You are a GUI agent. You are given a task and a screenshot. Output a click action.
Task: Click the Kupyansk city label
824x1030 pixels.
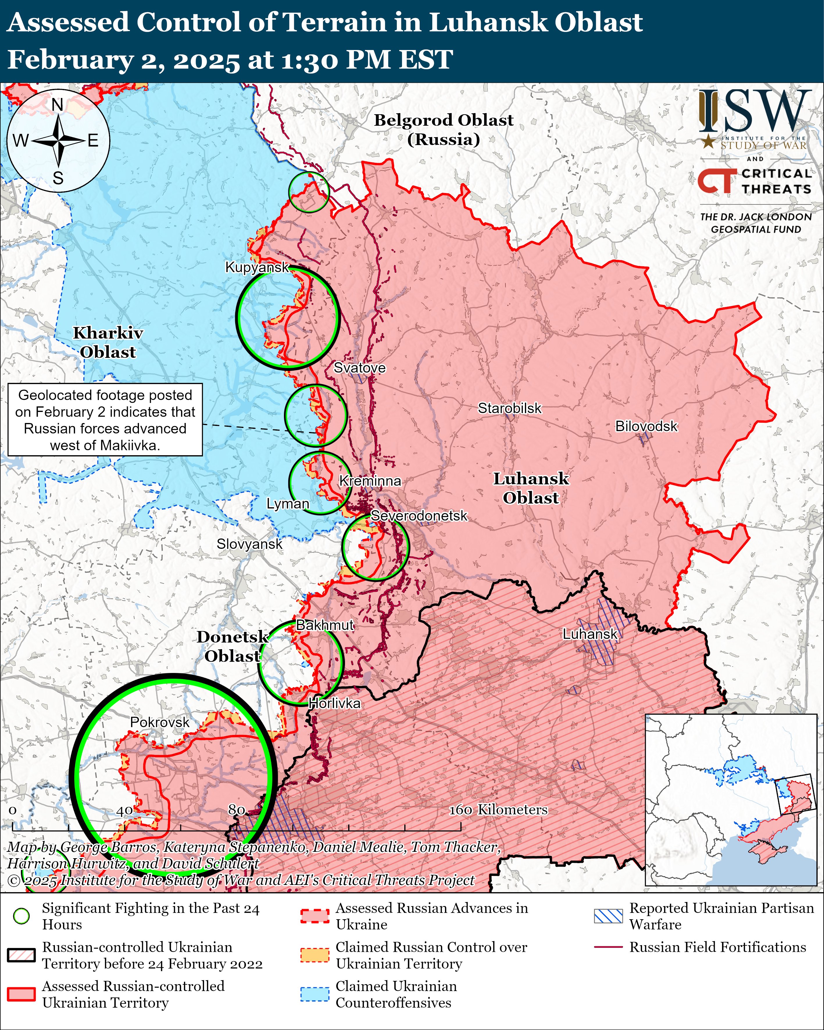click(x=257, y=267)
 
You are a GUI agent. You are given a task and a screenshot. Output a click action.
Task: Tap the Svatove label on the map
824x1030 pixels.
click(x=359, y=368)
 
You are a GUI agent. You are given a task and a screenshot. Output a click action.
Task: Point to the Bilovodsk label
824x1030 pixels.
click(x=646, y=426)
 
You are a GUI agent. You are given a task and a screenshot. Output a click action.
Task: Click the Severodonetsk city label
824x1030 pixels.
click(x=419, y=516)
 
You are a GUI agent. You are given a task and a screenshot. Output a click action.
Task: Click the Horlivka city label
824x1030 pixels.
click(x=334, y=703)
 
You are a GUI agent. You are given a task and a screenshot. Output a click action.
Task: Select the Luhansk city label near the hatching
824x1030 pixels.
click(x=590, y=634)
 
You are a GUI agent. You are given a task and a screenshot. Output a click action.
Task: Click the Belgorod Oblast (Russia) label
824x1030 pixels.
click(x=443, y=129)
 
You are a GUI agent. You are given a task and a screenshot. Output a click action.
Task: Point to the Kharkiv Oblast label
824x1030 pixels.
click(x=108, y=342)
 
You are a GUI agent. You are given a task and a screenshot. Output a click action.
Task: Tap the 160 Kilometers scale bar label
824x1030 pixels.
click(x=498, y=809)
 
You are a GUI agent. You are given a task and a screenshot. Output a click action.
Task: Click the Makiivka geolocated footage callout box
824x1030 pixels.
click(x=105, y=420)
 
